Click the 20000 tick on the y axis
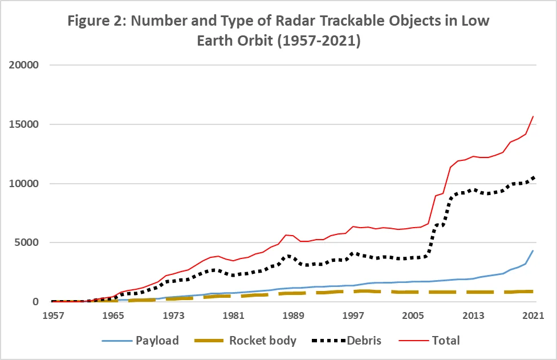tap(23, 65)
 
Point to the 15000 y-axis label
tap(23, 124)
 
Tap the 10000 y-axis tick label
tap(23, 184)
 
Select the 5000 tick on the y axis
tap(27, 242)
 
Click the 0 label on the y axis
tap(35, 302)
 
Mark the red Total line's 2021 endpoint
tap(533, 116)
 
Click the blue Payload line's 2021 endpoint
tap(533, 250)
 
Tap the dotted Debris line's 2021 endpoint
tap(533, 176)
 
